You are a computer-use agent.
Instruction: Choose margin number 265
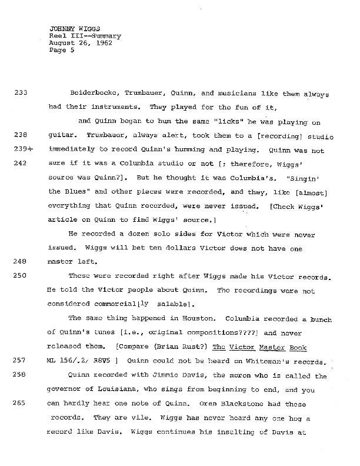pyautogui.click(x=21, y=403)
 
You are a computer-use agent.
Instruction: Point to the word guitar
pyautogui.click(x=62, y=137)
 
